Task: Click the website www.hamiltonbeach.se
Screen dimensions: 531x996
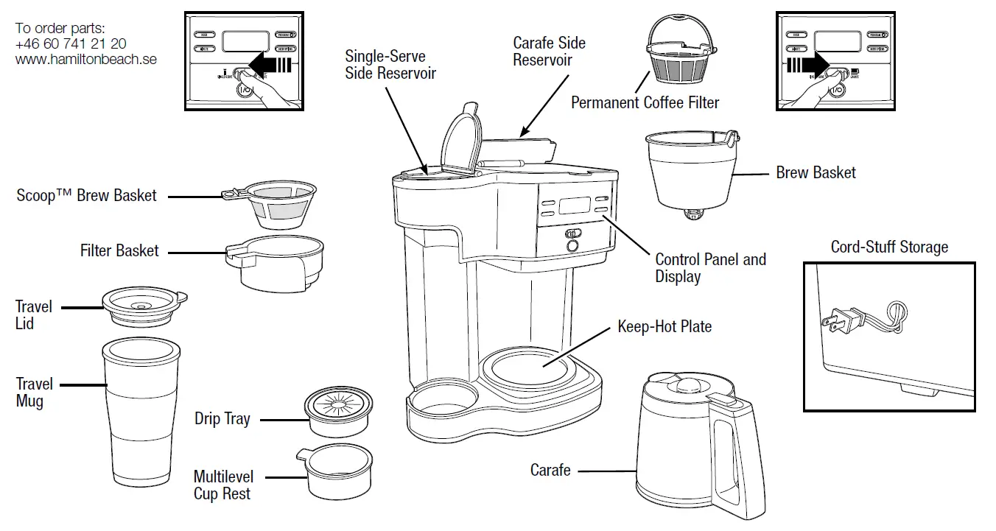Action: tap(85, 59)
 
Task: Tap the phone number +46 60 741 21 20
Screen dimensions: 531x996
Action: tap(70, 44)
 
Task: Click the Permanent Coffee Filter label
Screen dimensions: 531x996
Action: tap(645, 102)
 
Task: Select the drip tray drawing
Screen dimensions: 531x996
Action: tap(337, 413)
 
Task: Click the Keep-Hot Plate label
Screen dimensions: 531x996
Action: tap(664, 326)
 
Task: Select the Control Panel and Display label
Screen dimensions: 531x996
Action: tap(710, 268)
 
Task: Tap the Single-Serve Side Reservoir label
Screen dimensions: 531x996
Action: tap(390, 65)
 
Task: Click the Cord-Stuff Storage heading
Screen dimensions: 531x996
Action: tap(889, 247)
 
